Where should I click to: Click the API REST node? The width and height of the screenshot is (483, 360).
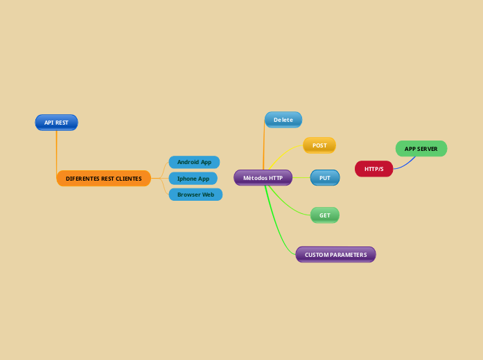click(x=56, y=123)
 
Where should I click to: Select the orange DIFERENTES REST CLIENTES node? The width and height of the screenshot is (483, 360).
click(x=103, y=179)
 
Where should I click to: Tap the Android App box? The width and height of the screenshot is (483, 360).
click(x=194, y=162)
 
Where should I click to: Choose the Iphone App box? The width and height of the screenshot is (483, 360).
click(x=193, y=179)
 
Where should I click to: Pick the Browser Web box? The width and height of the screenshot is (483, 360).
click(x=195, y=195)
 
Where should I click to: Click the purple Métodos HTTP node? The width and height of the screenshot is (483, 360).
click(x=263, y=178)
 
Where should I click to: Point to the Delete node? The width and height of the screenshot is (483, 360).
click(x=283, y=120)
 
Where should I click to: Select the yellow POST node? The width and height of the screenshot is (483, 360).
click(x=319, y=145)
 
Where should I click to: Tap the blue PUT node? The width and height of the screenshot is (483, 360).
click(x=324, y=178)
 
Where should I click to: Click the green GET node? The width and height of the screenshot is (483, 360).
click(x=324, y=215)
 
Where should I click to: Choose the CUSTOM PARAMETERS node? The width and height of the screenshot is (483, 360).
click(x=335, y=255)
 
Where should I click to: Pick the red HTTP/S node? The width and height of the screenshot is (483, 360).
click(x=374, y=169)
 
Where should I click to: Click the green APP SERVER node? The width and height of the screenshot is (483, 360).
click(x=421, y=149)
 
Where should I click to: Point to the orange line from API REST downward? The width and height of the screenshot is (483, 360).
click(x=56, y=149)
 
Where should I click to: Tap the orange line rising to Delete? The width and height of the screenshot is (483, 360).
click(x=263, y=149)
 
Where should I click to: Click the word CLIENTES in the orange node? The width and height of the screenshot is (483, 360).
click(x=128, y=179)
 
